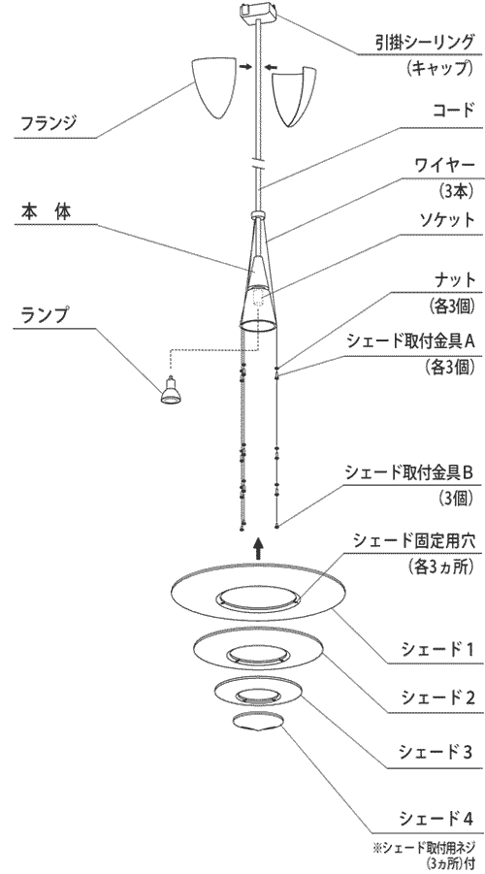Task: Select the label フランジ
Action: click(x=48, y=122)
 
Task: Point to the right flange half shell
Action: click(x=294, y=95)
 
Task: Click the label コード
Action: click(x=453, y=110)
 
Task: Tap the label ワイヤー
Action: click(x=444, y=166)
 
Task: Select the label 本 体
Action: click(x=47, y=211)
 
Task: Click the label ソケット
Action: click(x=444, y=220)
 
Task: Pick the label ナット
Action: click(x=455, y=279)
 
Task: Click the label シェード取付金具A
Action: click(x=410, y=340)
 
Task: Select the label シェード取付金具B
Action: click(x=409, y=472)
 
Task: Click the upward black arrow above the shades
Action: click(x=258, y=548)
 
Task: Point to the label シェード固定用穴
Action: click(x=413, y=540)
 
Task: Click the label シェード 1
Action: click(x=437, y=649)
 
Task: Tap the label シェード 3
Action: click(x=436, y=752)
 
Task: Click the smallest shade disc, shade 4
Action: click(x=258, y=722)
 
